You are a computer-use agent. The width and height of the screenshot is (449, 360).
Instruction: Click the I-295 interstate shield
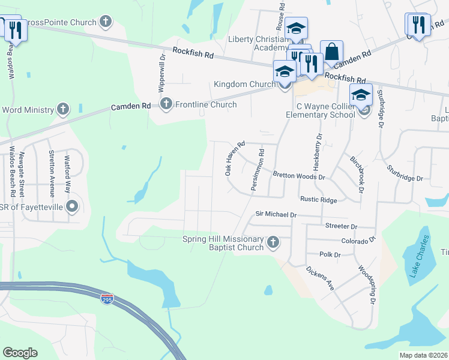pyautogui.click(x=107, y=299)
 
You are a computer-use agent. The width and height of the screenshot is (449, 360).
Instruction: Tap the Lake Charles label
pyautogui.click(x=420, y=256)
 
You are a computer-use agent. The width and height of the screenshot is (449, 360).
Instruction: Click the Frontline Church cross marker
pyautogui.click(x=166, y=104)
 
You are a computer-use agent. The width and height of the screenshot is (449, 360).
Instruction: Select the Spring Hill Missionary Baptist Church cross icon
pyautogui.click(x=273, y=242)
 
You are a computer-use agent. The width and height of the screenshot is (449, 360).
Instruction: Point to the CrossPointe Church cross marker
pyautogui.click(x=106, y=23)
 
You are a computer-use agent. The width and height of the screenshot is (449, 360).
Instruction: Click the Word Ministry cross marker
pyautogui.click(x=63, y=109)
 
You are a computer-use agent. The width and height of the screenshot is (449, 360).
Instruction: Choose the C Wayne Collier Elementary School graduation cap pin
pyautogui.click(x=361, y=96)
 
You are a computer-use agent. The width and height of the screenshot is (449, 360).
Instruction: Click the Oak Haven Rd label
pyautogui.click(x=235, y=158)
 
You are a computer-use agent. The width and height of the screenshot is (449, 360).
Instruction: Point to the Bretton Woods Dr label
pyautogui.click(x=298, y=176)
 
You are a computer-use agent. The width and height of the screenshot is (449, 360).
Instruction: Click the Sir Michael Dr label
pyautogui.click(x=276, y=214)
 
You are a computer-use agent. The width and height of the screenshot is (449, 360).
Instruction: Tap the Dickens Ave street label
pyautogui.click(x=319, y=278)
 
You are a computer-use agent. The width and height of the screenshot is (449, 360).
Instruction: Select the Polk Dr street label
pyautogui.click(x=330, y=254)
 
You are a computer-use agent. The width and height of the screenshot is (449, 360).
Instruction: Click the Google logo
pyautogui.click(x=20, y=353)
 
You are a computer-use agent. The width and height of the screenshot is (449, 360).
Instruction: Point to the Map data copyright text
pyautogui.click(x=423, y=355)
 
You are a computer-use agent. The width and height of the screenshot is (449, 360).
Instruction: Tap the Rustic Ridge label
pyautogui.click(x=318, y=200)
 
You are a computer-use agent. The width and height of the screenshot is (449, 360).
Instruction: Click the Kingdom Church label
pyautogui.click(x=244, y=85)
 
